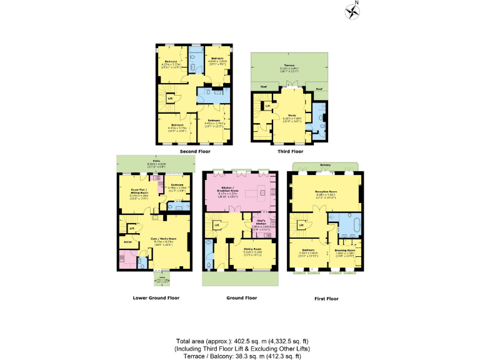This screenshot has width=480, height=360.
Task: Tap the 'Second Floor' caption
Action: point(194,151)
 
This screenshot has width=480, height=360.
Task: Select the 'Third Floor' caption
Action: point(289,151)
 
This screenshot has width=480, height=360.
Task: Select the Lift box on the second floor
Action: point(169,97)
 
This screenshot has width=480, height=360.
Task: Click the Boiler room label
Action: point(127,241)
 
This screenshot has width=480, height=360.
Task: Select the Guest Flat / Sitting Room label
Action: point(139,191)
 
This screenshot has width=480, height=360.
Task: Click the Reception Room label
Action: point(326,192)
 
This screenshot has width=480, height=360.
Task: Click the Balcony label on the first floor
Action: point(326,166)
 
